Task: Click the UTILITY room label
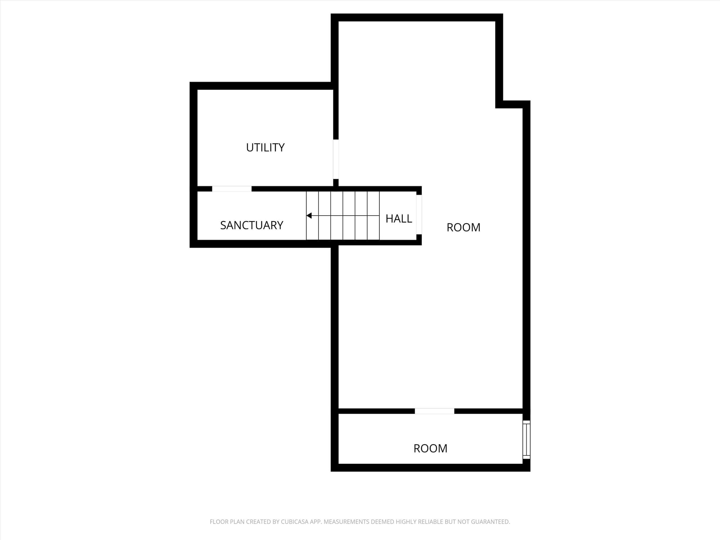click(x=265, y=148)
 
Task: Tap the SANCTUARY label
click(x=252, y=225)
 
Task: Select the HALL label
click(x=399, y=219)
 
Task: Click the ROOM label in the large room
click(x=464, y=228)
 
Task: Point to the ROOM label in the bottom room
click(x=431, y=449)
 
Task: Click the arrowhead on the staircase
click(x=309, y=216)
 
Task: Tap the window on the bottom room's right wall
click(x=526, y=440)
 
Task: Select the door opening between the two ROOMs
click(x=435, y=411)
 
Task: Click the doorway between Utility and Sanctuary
click(x=232, y=189)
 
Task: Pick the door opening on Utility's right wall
click(x=336, y=159)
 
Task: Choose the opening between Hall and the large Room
click(x=419, y=215)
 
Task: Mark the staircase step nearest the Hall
click(x=373, y=216)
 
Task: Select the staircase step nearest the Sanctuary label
click(x=312, y=216)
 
